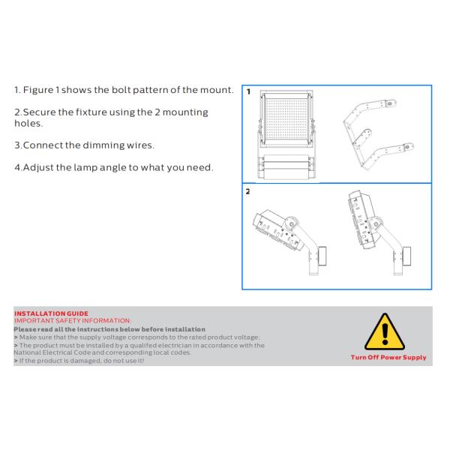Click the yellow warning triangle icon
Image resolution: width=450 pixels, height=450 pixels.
click(385, 333)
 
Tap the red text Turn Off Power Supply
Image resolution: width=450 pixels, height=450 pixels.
click(388, 358)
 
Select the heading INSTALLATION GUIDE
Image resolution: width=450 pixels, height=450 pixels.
click(51, 313)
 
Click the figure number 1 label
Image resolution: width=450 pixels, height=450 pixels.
click(248, 91)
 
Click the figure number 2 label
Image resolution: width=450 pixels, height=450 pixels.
click(248, 191)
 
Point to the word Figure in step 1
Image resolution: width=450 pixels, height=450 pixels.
click(38, 90)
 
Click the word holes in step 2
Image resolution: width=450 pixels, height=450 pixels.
click(28, 124)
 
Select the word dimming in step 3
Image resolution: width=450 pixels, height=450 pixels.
click(103, 145)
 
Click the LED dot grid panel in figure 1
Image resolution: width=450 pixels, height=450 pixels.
click(286, 118)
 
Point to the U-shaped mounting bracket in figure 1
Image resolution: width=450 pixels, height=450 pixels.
click(375, 134)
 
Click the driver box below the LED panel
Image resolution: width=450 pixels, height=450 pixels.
click(286, 167)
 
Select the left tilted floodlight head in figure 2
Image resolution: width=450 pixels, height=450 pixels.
click(277, 230)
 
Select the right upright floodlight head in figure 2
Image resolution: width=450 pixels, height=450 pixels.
click(362, 220)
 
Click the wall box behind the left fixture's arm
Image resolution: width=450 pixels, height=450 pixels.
click(322, 256)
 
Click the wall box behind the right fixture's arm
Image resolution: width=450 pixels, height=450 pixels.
click(406, 256)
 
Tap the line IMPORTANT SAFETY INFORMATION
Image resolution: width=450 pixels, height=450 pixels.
click(73, 321)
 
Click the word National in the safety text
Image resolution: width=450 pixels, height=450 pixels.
click(27, 352)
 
